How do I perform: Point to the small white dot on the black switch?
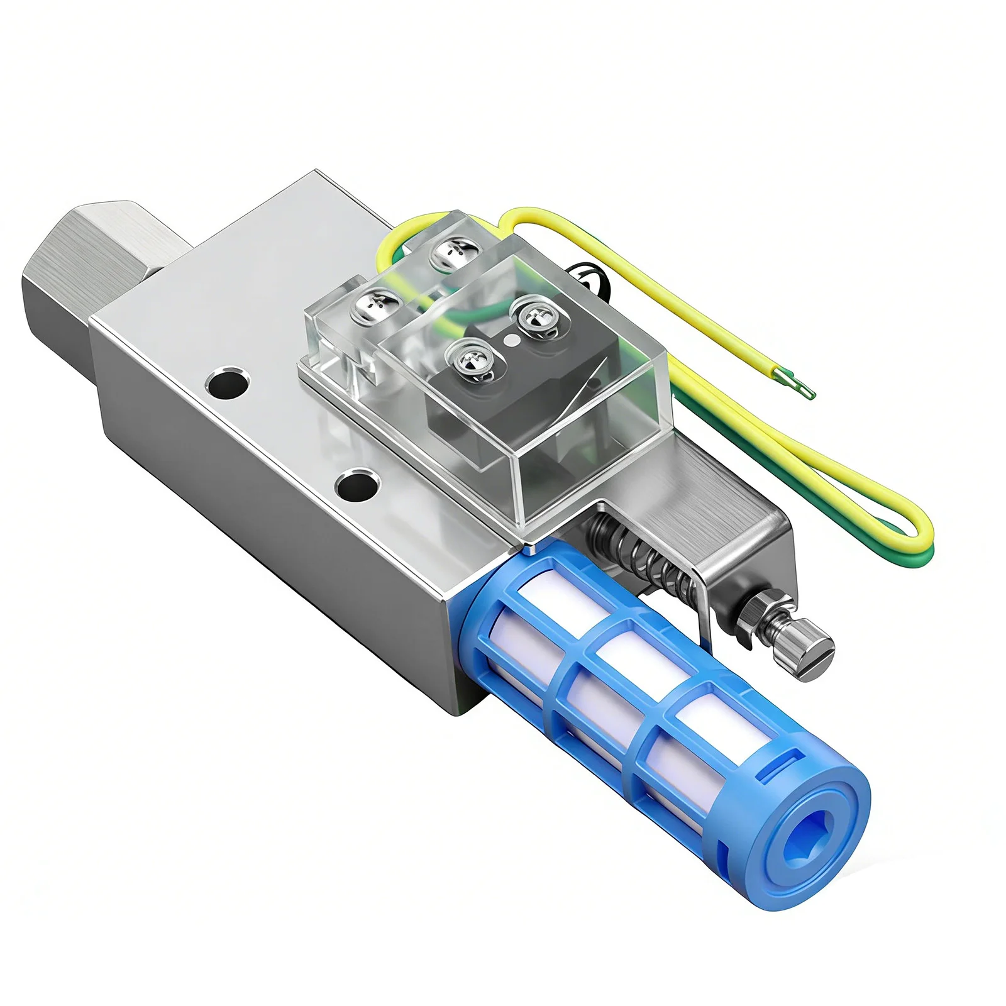[512, 340]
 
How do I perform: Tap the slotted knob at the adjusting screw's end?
[811, 654]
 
